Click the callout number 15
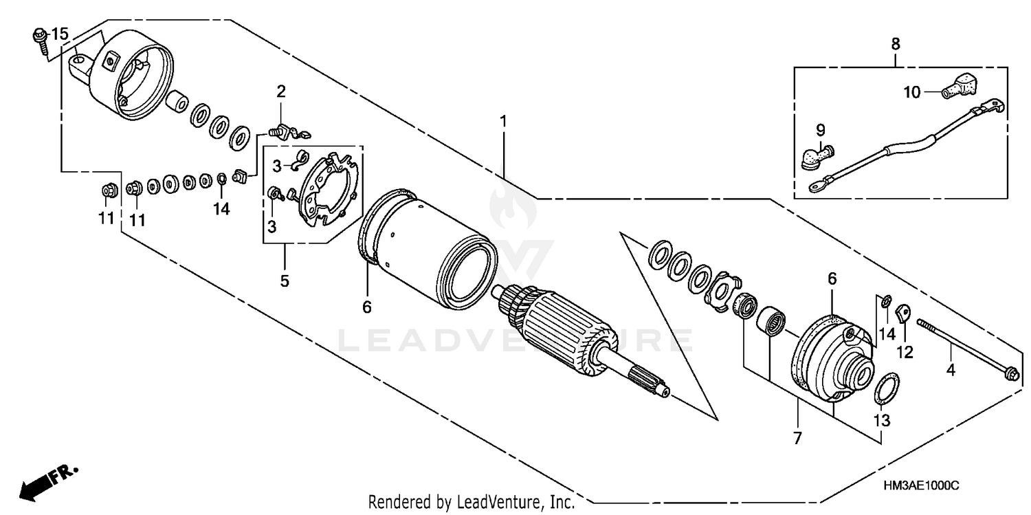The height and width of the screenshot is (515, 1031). click(x=60, y=34)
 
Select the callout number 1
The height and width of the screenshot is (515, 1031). click(x=503, y=121)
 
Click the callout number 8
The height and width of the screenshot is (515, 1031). click(x=895, y=44)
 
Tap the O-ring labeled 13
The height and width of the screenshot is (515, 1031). click(x=883, y=389)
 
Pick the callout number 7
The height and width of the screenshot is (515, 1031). click(x=798, y=436)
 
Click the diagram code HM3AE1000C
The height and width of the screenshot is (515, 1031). click(x=920, y=486)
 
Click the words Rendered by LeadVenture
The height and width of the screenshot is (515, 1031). click(x=471, y=503)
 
